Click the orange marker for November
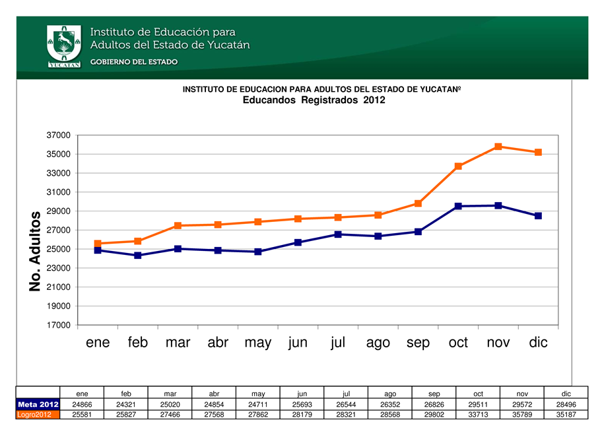[498, 147]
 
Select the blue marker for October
[458, 206]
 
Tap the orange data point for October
[458, 166]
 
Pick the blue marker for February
[138, 255]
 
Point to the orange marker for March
[178, 226]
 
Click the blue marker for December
[538, 216]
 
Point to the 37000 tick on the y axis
[59, 135]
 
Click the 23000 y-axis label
[59, 268]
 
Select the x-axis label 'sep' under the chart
[418, 343]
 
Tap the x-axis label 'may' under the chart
[257, 343]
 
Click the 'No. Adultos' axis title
[36, 251]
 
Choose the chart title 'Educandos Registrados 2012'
[314, 100]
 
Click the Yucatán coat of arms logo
[64, 46]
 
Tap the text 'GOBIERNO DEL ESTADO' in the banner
[133, 62]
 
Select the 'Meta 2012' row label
[38, 404]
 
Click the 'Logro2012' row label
[38, 414]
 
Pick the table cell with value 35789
[521, 414]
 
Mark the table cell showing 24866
[82, 404]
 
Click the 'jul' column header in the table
[346, 394]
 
